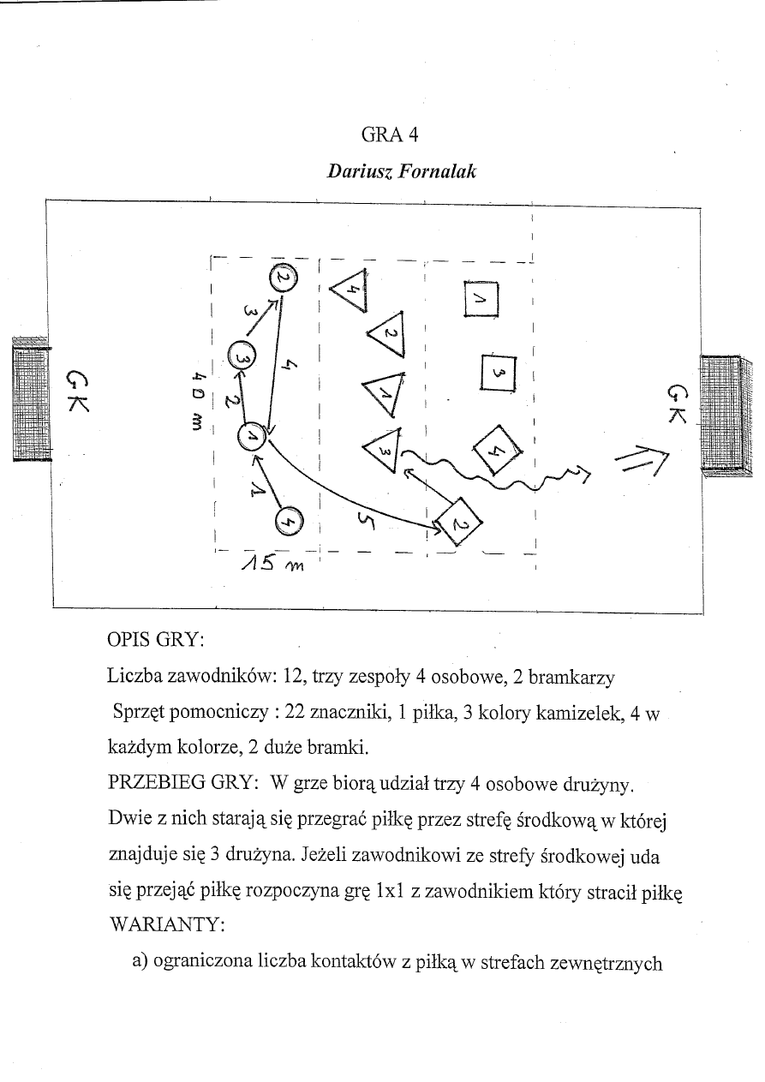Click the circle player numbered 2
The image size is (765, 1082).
tap(284, 278)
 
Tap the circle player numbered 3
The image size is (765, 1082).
tap(242, 357)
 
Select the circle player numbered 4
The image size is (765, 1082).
tap(290, 519)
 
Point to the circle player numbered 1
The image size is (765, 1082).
tap(252, 437)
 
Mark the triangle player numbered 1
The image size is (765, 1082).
tap(383, 392)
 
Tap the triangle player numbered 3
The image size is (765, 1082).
tap(382, 450)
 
